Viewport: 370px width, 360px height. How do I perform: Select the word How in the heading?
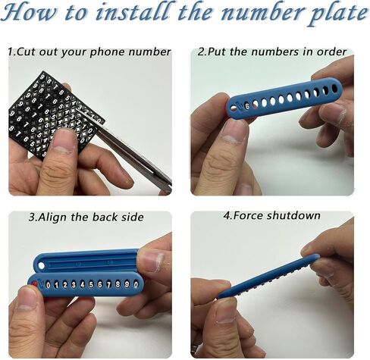[x=28, y=13]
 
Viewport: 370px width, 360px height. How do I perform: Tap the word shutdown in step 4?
[x=293, y=215]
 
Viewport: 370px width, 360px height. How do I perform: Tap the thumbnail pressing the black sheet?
[x=64, y=141]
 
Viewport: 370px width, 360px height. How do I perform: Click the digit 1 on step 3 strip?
[x=56, y=285]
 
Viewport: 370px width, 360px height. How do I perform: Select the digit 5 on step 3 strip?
[x=91, y=285]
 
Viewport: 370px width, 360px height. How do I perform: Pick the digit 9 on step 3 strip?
[x=127, y=284]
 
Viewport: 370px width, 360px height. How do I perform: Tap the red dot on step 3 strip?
[x=35, y=285]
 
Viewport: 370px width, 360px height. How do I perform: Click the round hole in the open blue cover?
[x=41, y=266]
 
